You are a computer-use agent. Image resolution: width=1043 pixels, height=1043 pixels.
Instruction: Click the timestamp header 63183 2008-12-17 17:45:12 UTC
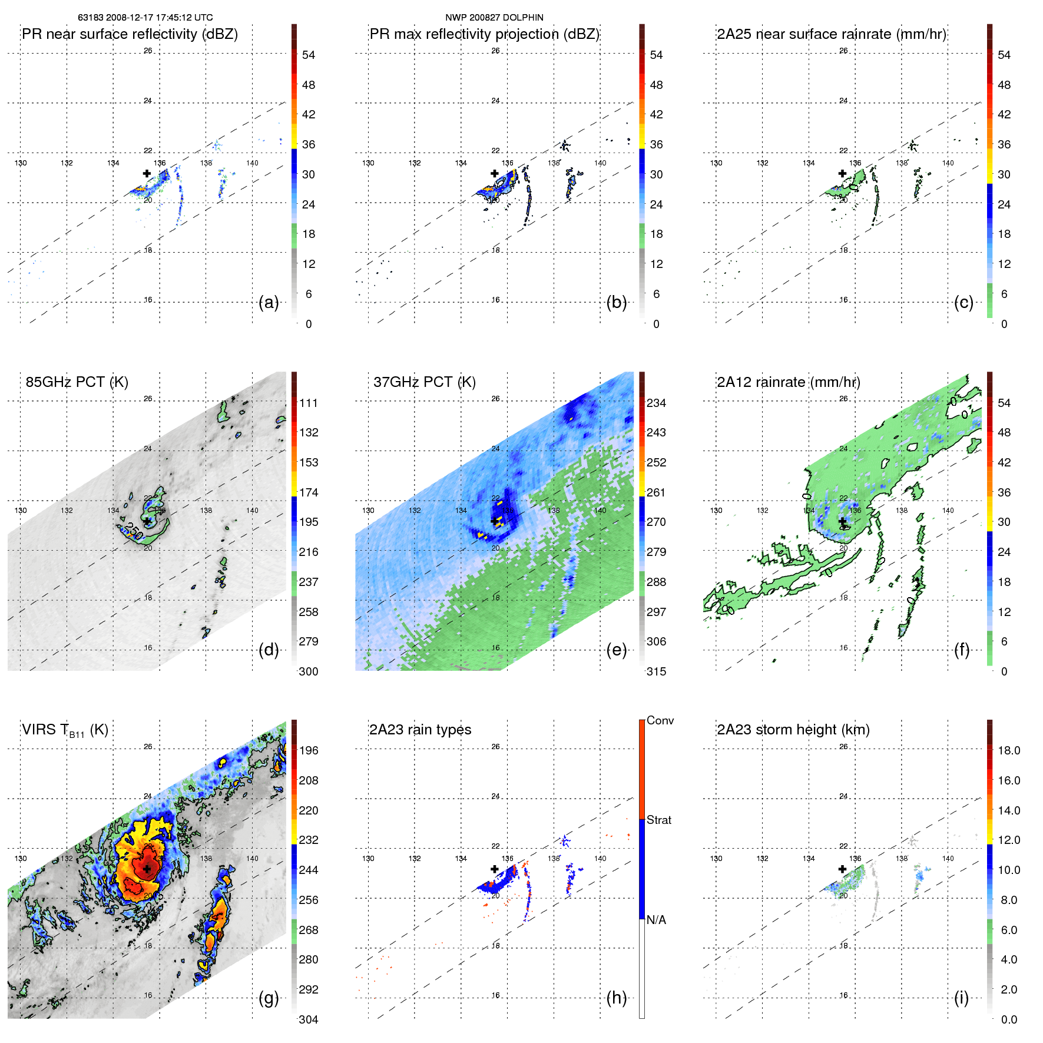145,18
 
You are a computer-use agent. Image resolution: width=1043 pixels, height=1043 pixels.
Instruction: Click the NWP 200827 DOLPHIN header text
494,18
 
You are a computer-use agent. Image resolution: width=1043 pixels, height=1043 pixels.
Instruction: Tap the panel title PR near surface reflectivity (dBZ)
130,34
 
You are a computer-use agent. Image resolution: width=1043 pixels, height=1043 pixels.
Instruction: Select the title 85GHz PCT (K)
77,382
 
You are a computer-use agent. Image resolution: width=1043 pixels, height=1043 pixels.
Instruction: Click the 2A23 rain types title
420,730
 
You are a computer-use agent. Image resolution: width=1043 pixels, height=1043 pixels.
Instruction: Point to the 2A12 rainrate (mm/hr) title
788,382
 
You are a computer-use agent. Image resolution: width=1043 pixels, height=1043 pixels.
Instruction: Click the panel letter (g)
269,998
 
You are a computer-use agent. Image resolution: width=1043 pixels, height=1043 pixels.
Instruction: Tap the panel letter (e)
616,650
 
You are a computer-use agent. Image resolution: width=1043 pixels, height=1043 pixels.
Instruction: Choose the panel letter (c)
963,303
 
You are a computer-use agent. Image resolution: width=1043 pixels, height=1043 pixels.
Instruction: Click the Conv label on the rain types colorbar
660,720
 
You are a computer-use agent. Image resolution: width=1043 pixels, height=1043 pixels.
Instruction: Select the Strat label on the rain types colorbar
658,820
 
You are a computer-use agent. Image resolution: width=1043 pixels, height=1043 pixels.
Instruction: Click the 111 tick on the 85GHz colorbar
309,403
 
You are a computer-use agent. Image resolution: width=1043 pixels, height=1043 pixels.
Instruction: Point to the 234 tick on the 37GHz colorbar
656,403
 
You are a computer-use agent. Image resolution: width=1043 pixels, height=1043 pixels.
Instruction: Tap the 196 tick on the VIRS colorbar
309,750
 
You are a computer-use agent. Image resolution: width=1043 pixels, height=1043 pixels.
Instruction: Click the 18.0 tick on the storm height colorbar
1008,750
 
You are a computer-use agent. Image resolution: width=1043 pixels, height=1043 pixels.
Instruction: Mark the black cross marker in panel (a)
147,173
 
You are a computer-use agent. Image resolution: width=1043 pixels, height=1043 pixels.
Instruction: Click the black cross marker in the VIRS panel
147,869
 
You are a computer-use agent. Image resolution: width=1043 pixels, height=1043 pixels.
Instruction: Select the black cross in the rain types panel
494,869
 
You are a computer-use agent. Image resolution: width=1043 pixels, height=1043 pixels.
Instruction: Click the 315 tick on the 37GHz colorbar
656,671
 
